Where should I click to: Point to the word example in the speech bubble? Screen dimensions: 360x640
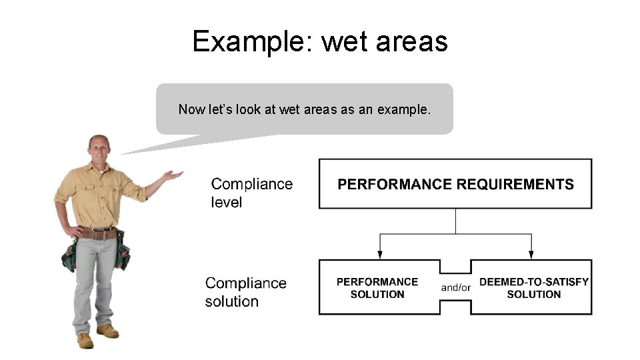coord(403,109)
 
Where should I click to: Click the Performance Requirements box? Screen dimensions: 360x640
coord(455,184)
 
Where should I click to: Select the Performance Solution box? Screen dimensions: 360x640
coord(377,288)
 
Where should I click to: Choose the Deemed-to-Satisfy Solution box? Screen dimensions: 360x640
coord(533,288)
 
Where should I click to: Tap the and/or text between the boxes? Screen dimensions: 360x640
coord(456,288)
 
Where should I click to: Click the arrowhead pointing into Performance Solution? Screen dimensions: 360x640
coord(380,254)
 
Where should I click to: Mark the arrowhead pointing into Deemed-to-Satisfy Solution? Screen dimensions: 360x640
coord(531,254)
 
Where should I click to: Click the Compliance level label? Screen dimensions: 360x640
coord(251,193)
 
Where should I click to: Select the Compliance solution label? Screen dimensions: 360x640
coord(245,292)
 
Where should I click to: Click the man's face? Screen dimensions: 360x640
coord(99,151)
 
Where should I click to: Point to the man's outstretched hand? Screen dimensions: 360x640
coord(173,175)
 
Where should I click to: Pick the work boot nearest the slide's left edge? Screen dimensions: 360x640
coord(85,341)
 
